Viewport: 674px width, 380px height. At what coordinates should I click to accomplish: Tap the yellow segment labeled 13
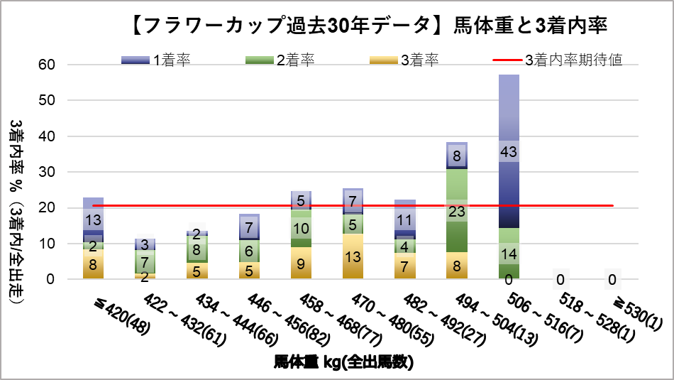pyautogui.click(x=353, y=256)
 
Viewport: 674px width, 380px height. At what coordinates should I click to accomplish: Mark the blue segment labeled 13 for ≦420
pyautogui.click(x=93, y=219)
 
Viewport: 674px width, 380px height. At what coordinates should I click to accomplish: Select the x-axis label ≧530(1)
pyautogui.click(x=631, y=313)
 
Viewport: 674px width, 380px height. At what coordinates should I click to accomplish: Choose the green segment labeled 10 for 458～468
pyautogui.click(x=302, y=229)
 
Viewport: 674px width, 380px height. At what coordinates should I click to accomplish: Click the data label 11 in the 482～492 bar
pyautogui.click(x=405, y=219)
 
